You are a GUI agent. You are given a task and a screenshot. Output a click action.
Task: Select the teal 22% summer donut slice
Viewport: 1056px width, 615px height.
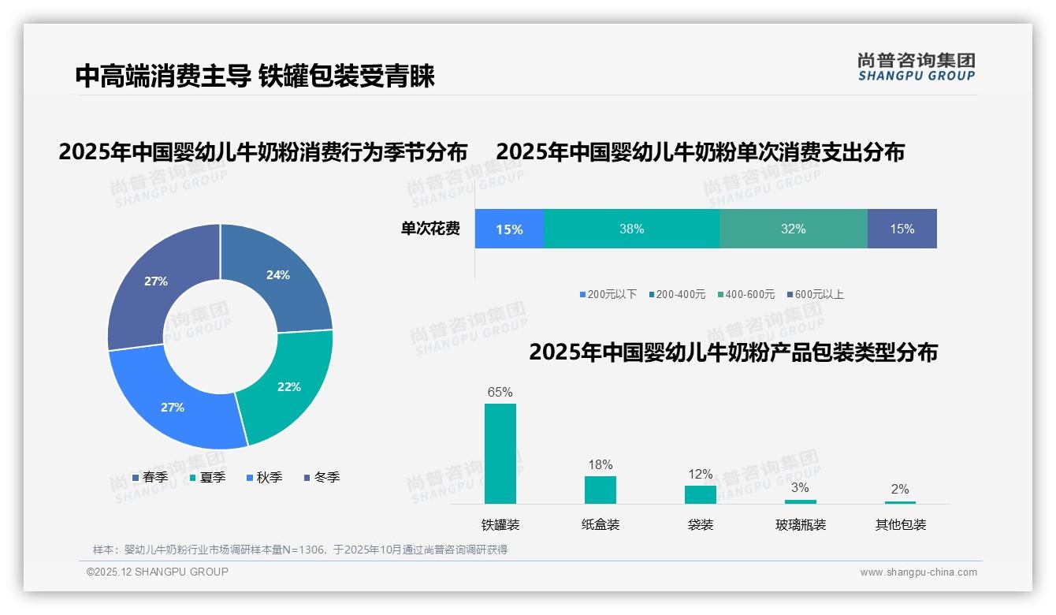[x=288, y=386]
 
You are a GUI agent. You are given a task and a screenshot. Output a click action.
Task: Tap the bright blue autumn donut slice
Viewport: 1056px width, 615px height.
[x=173, y=406]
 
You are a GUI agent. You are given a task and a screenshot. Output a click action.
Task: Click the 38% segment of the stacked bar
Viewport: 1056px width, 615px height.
[x=631, y=229]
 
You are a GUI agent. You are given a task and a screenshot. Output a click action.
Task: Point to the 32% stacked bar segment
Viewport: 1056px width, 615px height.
[x=793, y=229]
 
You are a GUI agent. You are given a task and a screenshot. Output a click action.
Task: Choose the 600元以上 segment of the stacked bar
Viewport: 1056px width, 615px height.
[x=902, y=229]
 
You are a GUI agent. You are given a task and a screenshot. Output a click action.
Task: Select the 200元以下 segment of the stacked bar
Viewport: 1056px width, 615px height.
[x=509, y=229]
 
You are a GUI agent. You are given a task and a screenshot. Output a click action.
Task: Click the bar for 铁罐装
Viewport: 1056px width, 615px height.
[x=500, y=453]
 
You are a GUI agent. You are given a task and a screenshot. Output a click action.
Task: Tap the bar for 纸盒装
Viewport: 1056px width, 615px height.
[x=601, y=490]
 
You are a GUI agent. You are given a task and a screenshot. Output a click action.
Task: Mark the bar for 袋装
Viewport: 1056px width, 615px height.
[x=701, y=494]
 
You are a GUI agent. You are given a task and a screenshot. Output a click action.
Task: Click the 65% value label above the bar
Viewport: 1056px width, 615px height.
[x=500, y=392]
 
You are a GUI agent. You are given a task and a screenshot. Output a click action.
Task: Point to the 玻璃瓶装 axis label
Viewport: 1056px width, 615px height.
[x=801, y=524]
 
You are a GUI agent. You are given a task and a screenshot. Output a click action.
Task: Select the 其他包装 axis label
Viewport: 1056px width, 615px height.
[x=901, y=524]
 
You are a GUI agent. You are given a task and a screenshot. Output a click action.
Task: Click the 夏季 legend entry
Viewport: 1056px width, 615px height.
[x=207, y=477]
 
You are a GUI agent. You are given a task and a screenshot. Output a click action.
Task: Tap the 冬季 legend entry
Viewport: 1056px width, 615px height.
[x=322, y=477]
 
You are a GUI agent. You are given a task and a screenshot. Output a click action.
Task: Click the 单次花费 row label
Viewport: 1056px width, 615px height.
[x=430, y=229]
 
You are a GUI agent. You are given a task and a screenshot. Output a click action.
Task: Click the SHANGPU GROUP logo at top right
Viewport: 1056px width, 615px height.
[x=917, y=67]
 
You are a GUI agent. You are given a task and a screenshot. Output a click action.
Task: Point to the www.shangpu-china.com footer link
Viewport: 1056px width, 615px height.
[x=918, y=572]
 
